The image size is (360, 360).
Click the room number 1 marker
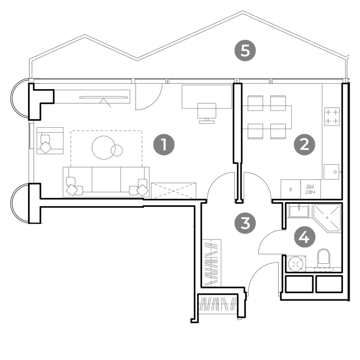point(164,144)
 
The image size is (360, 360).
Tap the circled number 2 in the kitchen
point(305,144)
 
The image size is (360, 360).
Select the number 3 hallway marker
point(245,223)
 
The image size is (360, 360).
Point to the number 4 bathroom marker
point(305,237)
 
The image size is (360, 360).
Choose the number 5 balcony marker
point(245,50)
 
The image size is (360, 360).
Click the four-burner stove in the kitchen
point(332,117)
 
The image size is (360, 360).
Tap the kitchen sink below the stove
point(331,172)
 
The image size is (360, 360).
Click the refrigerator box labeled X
point(291,189)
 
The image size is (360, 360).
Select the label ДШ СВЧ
point(310,189)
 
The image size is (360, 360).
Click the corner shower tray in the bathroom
point(328,217)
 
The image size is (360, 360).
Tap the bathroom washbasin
point(299,211)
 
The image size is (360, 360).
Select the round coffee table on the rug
point(104,148)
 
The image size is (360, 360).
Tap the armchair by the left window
point(50,141)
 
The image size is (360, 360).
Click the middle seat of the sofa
point(106,180)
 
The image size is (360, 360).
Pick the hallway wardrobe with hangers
point(211,263)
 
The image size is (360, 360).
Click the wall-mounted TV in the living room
point(103,97)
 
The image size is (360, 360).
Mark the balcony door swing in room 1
point(149,97)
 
